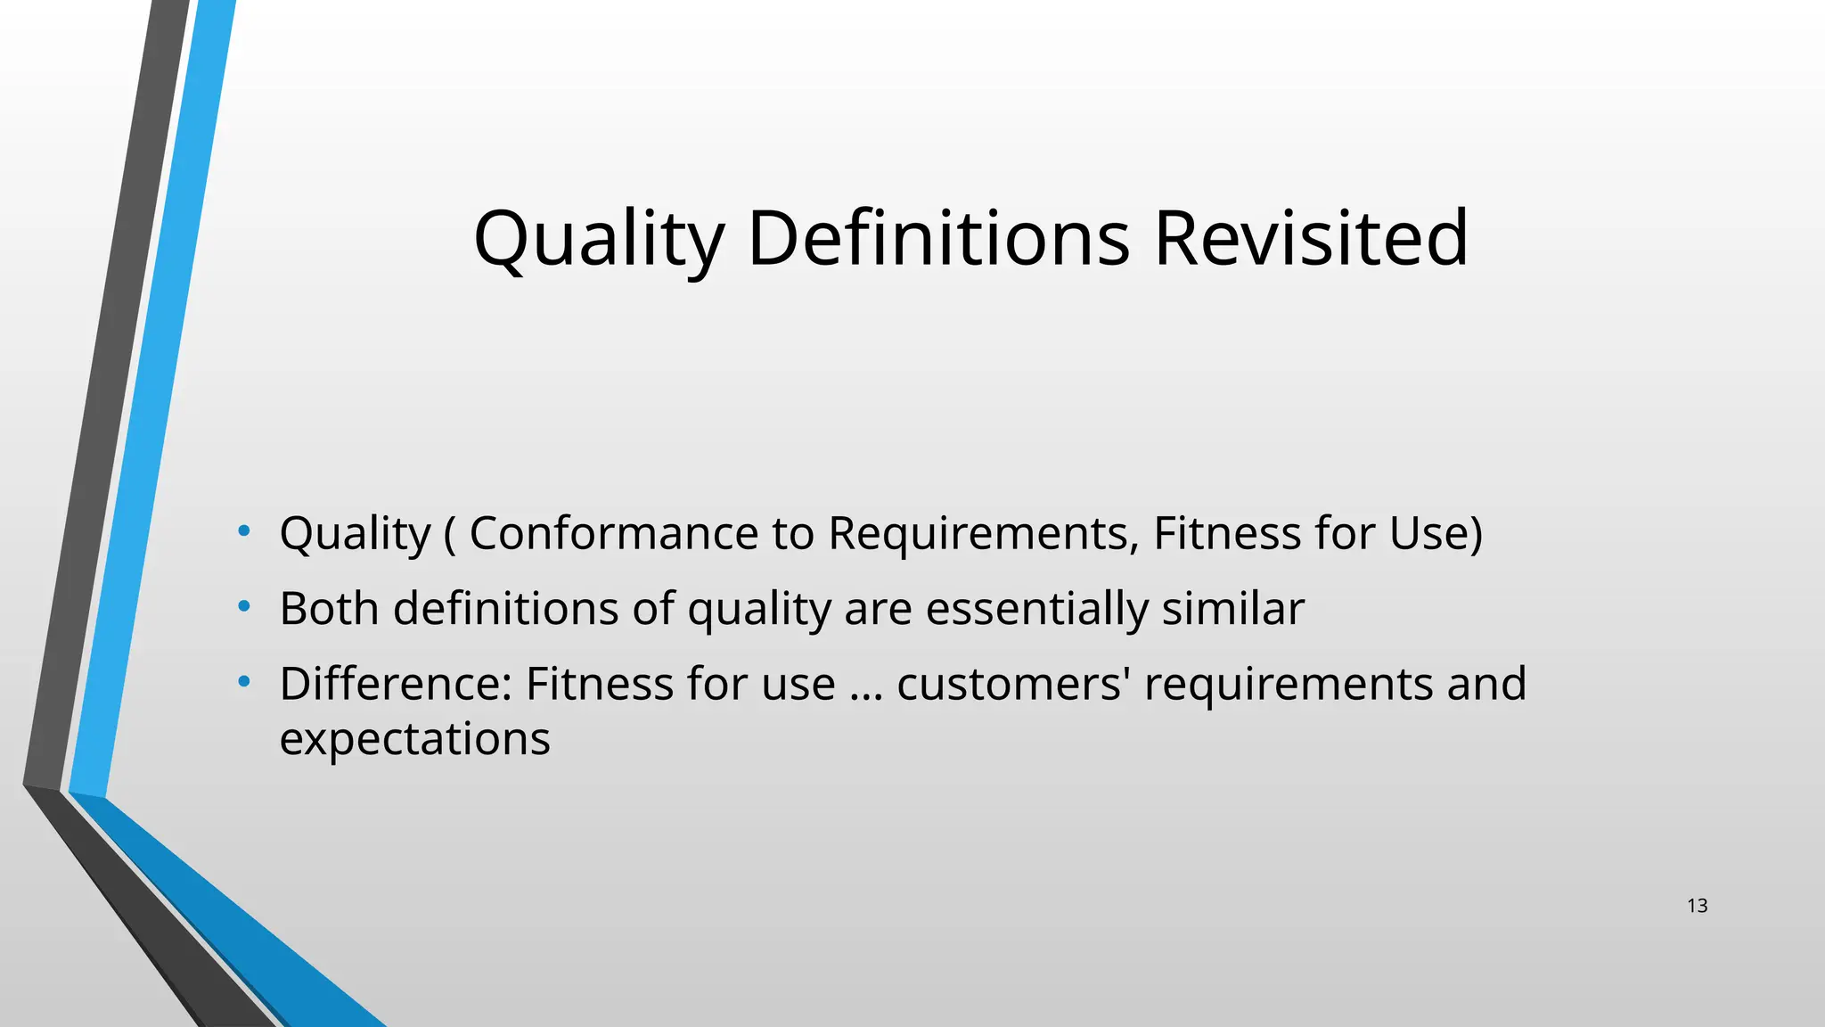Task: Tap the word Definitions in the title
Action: tap(938, 238)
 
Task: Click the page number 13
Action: tap(1697, 906)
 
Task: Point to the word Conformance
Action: tap(614, 533)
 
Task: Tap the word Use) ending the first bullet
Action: tap(1436, 533)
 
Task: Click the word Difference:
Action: tap(396, 684)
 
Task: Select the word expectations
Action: tap(414, 739)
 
